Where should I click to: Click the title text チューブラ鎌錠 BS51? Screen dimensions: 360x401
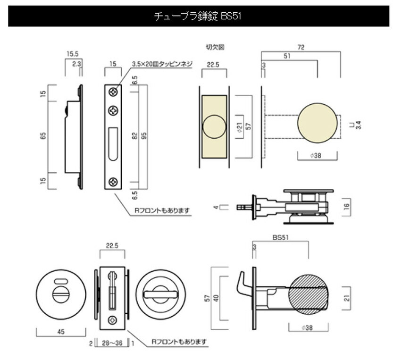[198, 16]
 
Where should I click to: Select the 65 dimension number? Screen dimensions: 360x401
[43, 136]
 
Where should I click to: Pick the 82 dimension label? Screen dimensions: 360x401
[135, 136]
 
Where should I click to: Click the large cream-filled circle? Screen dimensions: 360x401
[317, 123]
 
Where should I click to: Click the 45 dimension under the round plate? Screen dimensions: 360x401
[61, 331]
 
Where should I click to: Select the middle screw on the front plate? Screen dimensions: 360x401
[113, 110]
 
